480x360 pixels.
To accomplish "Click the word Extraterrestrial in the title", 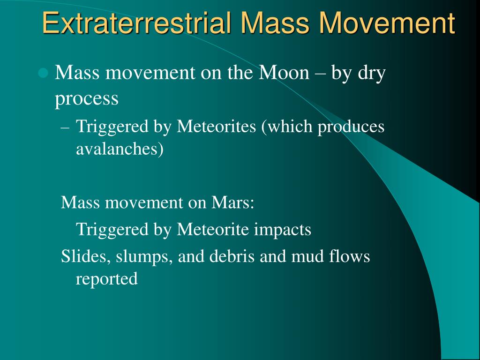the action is pos(136,23).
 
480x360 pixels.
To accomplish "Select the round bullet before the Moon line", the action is pos(43,73).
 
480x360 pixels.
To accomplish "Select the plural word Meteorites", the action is pos(216,126).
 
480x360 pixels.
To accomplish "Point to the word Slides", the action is pos(83,256).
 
